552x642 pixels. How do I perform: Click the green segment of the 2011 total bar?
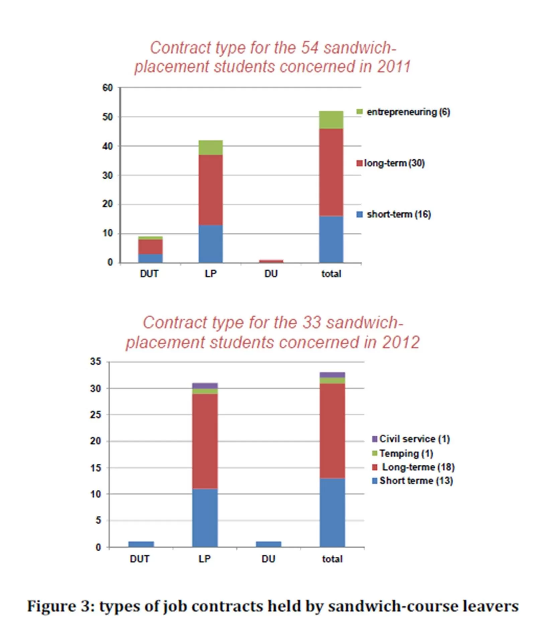click(331, 120)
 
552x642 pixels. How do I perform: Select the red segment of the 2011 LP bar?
click(210, 190)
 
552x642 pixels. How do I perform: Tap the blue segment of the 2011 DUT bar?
click(150, 258)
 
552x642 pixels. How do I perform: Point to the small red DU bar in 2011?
click(271, 261)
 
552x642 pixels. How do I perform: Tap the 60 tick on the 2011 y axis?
click(107, 88)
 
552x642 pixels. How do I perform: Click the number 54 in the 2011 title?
click(309, 48)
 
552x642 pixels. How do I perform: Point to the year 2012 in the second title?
click(401, 342)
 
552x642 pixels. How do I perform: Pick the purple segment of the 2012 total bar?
click(332, 375)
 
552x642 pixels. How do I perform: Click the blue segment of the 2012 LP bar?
click(205, 518)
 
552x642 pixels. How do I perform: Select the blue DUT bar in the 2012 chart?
click(141, 544)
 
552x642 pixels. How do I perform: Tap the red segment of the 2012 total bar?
click(332, 431)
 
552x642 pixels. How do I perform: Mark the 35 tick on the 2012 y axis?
click(95, 362)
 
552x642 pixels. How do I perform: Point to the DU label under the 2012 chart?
click(268, 559)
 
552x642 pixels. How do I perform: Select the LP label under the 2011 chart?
click(210, 274)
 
